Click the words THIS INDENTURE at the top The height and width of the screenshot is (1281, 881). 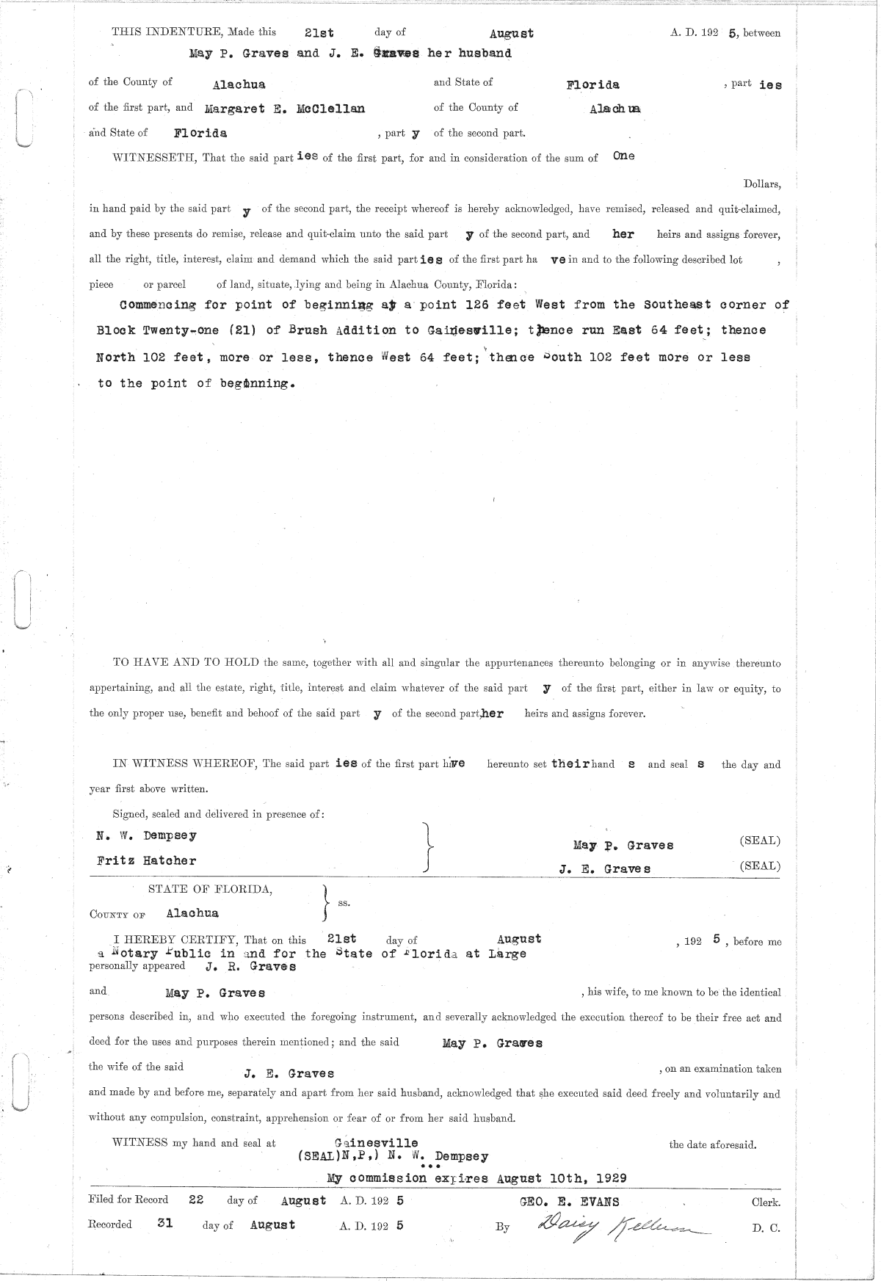tap(167, 32)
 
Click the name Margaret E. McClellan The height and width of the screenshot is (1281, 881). tap(284, 109)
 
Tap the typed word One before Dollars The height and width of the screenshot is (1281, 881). tap(623, 156)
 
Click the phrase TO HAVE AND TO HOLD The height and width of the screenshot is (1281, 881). tap(185, 663)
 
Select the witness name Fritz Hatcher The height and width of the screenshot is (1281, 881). tap(146, 860)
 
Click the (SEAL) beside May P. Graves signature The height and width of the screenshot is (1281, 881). tap(760, 841)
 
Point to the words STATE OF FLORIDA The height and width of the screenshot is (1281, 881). tap(210, 889)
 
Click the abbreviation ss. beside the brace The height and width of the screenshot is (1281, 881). tap(343, 903)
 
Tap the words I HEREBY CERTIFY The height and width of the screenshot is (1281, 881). tap(175, 940)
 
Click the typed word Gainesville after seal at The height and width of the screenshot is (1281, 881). tap(376, 1142)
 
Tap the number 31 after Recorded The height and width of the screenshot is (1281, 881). tap(165, 1224)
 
